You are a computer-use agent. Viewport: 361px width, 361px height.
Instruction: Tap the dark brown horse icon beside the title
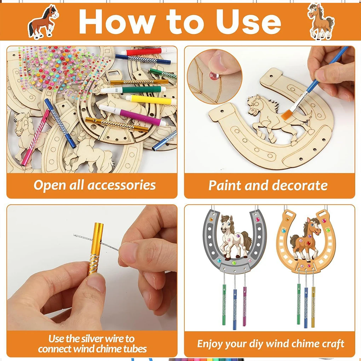[43, 22]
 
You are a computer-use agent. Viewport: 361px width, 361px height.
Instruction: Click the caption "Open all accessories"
[94, 185]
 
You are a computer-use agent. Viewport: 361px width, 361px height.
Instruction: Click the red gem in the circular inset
[214, 75]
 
